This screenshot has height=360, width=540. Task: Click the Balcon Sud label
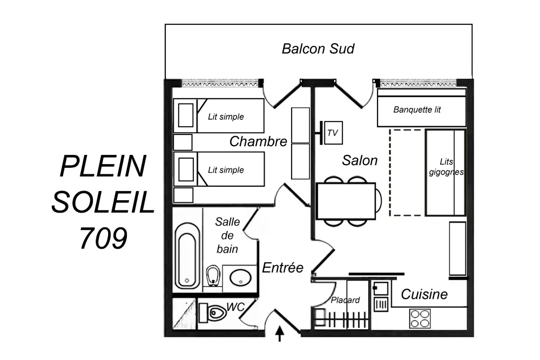tap(318, 49)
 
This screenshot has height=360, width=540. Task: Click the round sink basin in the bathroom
tap(240, 278)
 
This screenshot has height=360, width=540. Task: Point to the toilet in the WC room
tap(214, 313)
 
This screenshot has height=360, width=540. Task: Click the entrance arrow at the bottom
tap(280, 334)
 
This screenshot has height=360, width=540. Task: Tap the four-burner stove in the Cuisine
tap(420, 318)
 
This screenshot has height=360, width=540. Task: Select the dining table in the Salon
tap(346, 201)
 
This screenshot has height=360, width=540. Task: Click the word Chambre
tap(258, 141)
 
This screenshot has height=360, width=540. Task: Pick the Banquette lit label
tap(417, 110)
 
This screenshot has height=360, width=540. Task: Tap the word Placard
tap(345, 300)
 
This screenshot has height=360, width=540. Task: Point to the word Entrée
tap(282, 267)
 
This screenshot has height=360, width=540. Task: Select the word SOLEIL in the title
tap(103, 202)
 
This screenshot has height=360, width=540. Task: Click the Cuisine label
tap(424, 294)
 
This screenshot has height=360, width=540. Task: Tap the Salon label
tap(360, 160)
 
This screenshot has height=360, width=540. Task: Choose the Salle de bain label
tap(227, 235)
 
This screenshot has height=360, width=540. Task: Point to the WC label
tap(235, 307)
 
